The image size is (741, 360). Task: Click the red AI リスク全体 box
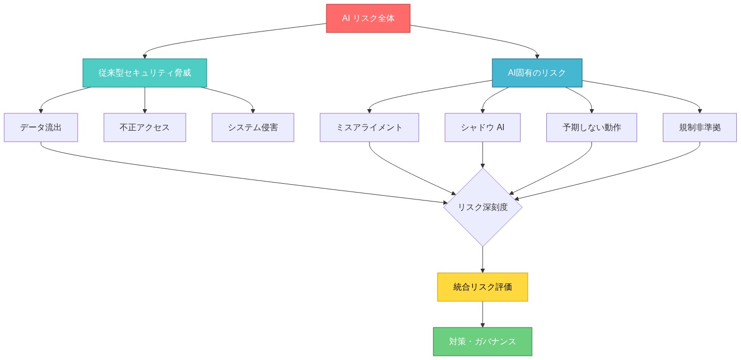[368, 18]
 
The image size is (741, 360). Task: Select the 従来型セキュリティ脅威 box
[145, 73]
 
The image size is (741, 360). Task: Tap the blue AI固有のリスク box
[537, 73]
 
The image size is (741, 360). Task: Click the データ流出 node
[41, 128]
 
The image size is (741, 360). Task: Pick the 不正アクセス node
[145, 128]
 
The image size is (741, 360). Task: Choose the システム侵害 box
[253, 128]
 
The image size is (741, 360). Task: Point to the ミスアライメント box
[369, 128]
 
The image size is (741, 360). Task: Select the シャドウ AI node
[482, 128]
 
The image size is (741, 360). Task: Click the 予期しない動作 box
[591, 128]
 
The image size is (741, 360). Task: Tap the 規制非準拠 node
[700, 128]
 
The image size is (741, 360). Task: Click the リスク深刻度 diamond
[482, 207]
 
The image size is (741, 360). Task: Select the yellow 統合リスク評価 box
[482, 287]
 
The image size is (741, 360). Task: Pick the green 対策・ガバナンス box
[482, 342]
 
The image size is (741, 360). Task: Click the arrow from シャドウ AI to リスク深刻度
[482, 155]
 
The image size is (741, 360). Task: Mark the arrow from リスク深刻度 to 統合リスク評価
[482, 260]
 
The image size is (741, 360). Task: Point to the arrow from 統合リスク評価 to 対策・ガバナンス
[482, 314]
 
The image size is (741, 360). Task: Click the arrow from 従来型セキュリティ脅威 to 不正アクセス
[145, 100]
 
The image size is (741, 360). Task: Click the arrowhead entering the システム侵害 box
[253, 111]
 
